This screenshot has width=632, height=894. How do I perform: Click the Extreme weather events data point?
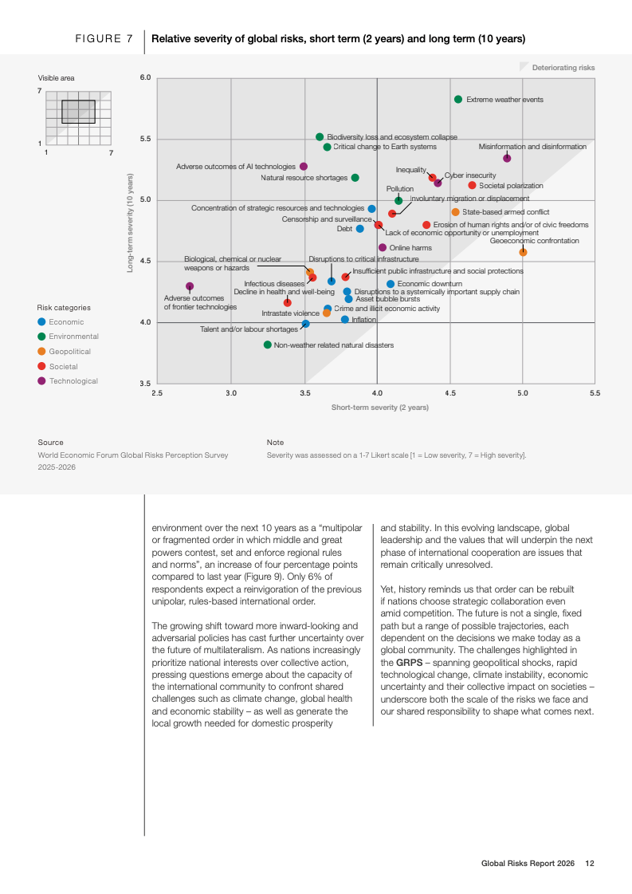(458, 100)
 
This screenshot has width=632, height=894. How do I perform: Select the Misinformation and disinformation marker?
(507, 159)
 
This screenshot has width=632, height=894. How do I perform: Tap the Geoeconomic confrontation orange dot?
(523, 252)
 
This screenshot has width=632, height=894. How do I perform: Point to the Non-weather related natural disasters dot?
(268, 345)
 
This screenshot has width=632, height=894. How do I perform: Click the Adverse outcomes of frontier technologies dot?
(190, 286)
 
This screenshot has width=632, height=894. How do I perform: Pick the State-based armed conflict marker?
(455, 212)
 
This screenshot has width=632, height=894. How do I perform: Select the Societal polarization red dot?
(472, 186)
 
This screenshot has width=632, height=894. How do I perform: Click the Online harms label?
(410, 248)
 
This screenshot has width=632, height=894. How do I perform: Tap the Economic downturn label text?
(430, 284)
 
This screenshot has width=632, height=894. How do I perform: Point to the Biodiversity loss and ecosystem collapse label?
(392, 137)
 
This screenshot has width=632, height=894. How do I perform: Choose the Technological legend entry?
(73, 381)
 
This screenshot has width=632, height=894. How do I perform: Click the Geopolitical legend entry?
(69, 352)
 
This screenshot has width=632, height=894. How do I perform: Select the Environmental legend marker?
(41, 337)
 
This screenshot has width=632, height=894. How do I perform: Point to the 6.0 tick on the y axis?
(145, 78)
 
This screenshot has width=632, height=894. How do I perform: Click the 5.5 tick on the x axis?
(595, 393)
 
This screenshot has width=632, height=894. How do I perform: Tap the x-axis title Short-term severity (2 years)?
(379, 408)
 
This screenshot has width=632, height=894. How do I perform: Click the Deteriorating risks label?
(563, 68)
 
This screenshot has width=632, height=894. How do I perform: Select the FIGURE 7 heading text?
(104, 38)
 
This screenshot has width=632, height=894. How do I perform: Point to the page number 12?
(590, 863)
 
